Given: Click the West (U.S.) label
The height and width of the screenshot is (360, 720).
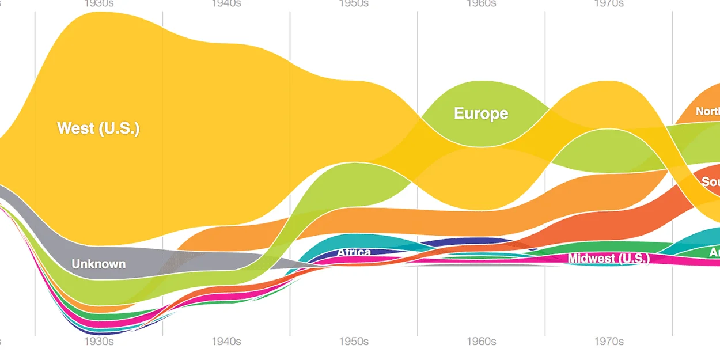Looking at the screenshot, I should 98,128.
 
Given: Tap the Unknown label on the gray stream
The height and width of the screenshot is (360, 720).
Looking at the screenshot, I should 98,264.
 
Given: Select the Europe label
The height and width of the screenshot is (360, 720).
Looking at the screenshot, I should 481,113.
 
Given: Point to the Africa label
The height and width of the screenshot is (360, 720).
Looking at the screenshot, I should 354,252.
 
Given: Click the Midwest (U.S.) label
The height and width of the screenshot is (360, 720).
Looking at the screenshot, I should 609,259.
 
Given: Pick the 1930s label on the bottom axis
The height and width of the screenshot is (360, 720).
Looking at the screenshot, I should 98,342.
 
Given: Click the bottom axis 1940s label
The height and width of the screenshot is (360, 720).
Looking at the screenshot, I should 226,342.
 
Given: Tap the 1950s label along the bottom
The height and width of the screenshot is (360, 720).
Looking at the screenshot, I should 354,342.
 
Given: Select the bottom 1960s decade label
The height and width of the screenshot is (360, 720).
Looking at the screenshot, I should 481,342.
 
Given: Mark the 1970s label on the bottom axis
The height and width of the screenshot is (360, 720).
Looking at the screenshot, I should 609,342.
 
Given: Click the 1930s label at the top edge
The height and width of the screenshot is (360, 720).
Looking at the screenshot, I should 98,3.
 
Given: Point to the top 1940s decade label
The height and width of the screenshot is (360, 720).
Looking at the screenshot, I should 226,3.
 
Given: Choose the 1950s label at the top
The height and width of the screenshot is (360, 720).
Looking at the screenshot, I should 354,3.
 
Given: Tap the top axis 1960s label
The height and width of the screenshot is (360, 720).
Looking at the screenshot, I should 481,3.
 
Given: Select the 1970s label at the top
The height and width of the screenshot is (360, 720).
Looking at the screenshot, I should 609,3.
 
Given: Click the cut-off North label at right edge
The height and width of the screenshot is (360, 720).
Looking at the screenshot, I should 708,112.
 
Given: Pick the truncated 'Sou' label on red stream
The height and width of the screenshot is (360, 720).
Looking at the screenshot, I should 711,182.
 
